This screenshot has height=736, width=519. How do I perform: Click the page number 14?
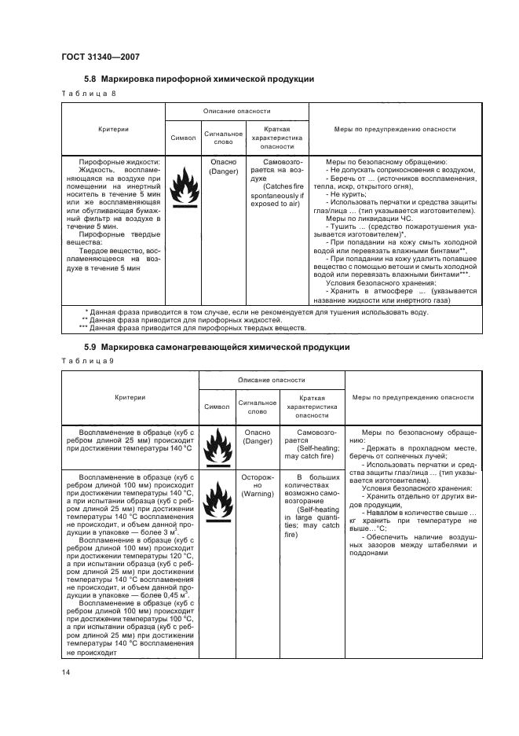coord(66,671)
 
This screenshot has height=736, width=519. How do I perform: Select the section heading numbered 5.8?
coord(199,79)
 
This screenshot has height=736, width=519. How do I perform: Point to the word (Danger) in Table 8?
coord(224,170)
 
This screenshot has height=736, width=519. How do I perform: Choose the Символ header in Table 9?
coord(217,407)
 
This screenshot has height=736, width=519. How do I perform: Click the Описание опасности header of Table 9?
coord(269,380)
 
